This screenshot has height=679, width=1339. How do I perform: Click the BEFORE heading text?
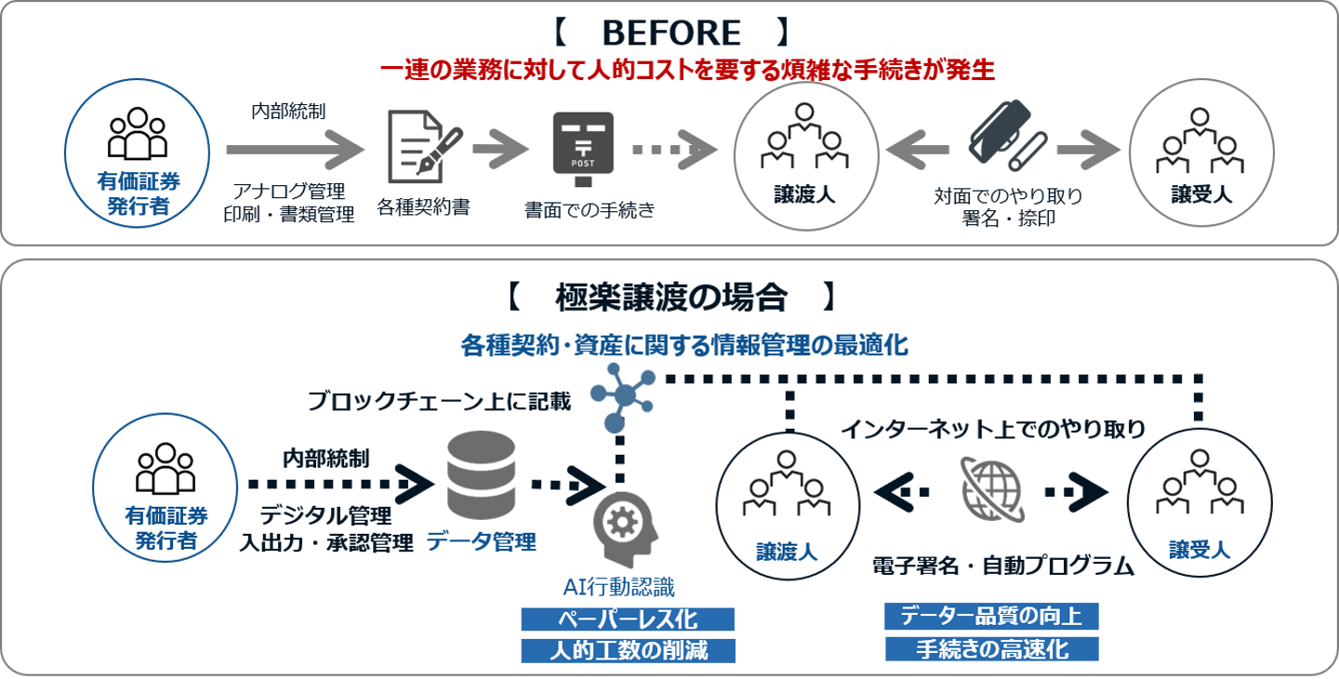click(x=670, y=33)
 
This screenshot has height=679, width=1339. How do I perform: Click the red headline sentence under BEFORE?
click(x=687, y=71)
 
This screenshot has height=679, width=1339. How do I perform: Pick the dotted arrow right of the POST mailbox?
click(x=675, y=149)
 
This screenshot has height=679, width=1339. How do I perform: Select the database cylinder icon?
click(x=481, y=474)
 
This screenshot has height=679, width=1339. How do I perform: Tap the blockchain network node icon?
click(x=623, y=395)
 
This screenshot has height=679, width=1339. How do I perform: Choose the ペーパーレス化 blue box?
click(x=628, y=619)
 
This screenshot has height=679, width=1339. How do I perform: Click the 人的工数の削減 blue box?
click(x=628, y=650)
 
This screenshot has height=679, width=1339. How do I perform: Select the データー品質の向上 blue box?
click(x=991, y=616)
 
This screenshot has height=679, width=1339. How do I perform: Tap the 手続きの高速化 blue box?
click(x=991, y=648)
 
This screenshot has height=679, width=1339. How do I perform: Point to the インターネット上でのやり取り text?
click(x=992, y=430)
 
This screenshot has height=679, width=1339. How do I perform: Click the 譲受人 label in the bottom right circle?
click(x=1200, y=550)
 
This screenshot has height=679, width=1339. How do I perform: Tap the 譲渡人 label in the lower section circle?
click(x=787, y=553)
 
